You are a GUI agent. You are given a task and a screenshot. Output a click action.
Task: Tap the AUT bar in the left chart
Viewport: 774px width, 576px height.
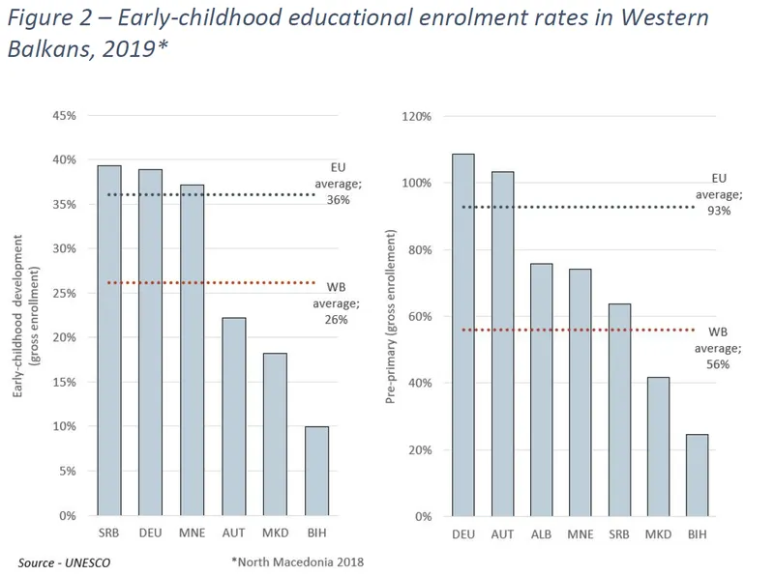coord(233,417)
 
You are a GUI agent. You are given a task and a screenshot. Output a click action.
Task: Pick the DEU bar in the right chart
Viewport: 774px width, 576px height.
coord(463,334)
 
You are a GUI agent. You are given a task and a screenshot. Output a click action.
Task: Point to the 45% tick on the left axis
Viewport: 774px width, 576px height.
coord(63,116)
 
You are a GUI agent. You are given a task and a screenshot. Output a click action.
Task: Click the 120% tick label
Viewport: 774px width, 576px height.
coord(415,116)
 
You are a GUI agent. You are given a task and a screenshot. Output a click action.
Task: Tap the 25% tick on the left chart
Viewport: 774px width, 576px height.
coord(63,294)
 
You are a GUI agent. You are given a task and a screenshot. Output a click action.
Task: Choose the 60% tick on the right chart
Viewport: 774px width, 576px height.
coord(418,316)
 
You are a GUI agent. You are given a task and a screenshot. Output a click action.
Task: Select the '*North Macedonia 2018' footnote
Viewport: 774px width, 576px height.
coord(297,561)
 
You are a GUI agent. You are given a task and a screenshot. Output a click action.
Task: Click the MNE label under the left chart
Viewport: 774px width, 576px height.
coord(192,533)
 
